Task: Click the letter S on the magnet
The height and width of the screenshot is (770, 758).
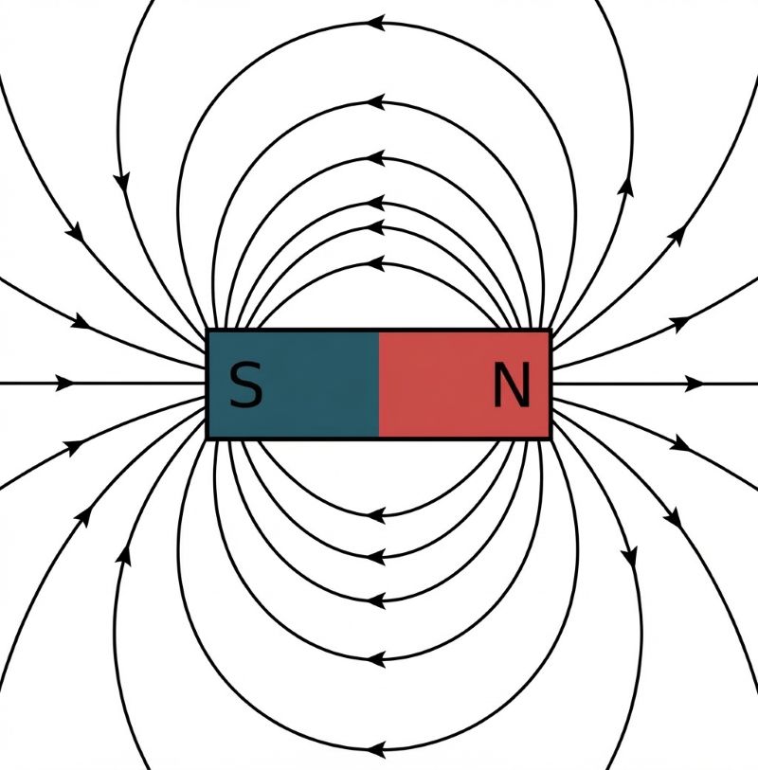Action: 246,385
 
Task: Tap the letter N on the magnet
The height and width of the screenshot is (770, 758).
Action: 512,385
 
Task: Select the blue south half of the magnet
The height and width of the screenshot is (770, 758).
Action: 294,385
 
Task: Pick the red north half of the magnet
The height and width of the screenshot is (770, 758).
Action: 463,385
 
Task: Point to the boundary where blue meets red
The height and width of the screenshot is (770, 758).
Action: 379,385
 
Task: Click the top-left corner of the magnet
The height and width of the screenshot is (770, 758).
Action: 207,330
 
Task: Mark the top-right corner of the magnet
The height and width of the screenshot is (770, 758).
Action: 551,330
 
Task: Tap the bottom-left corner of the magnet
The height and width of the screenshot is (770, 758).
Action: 207,439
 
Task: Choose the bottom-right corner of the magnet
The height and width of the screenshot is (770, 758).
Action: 551,439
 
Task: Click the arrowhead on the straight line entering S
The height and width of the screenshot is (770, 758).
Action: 64,383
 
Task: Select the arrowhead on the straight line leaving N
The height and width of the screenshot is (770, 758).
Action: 695,384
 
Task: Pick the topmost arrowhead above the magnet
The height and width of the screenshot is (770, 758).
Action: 376,23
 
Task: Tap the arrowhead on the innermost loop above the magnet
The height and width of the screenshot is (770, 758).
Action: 376,263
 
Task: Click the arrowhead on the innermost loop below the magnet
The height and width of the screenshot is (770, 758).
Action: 376,515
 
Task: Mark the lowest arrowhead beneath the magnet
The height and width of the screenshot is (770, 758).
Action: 376,750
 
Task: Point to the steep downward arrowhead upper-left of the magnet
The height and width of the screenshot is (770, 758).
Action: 122,182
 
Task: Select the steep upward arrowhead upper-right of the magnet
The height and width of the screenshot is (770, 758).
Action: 626,187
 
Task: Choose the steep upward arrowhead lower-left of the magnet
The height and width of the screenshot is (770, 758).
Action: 124,555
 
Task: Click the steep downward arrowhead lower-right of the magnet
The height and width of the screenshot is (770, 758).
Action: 629,557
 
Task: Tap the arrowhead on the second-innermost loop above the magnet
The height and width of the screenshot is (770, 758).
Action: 376,227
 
